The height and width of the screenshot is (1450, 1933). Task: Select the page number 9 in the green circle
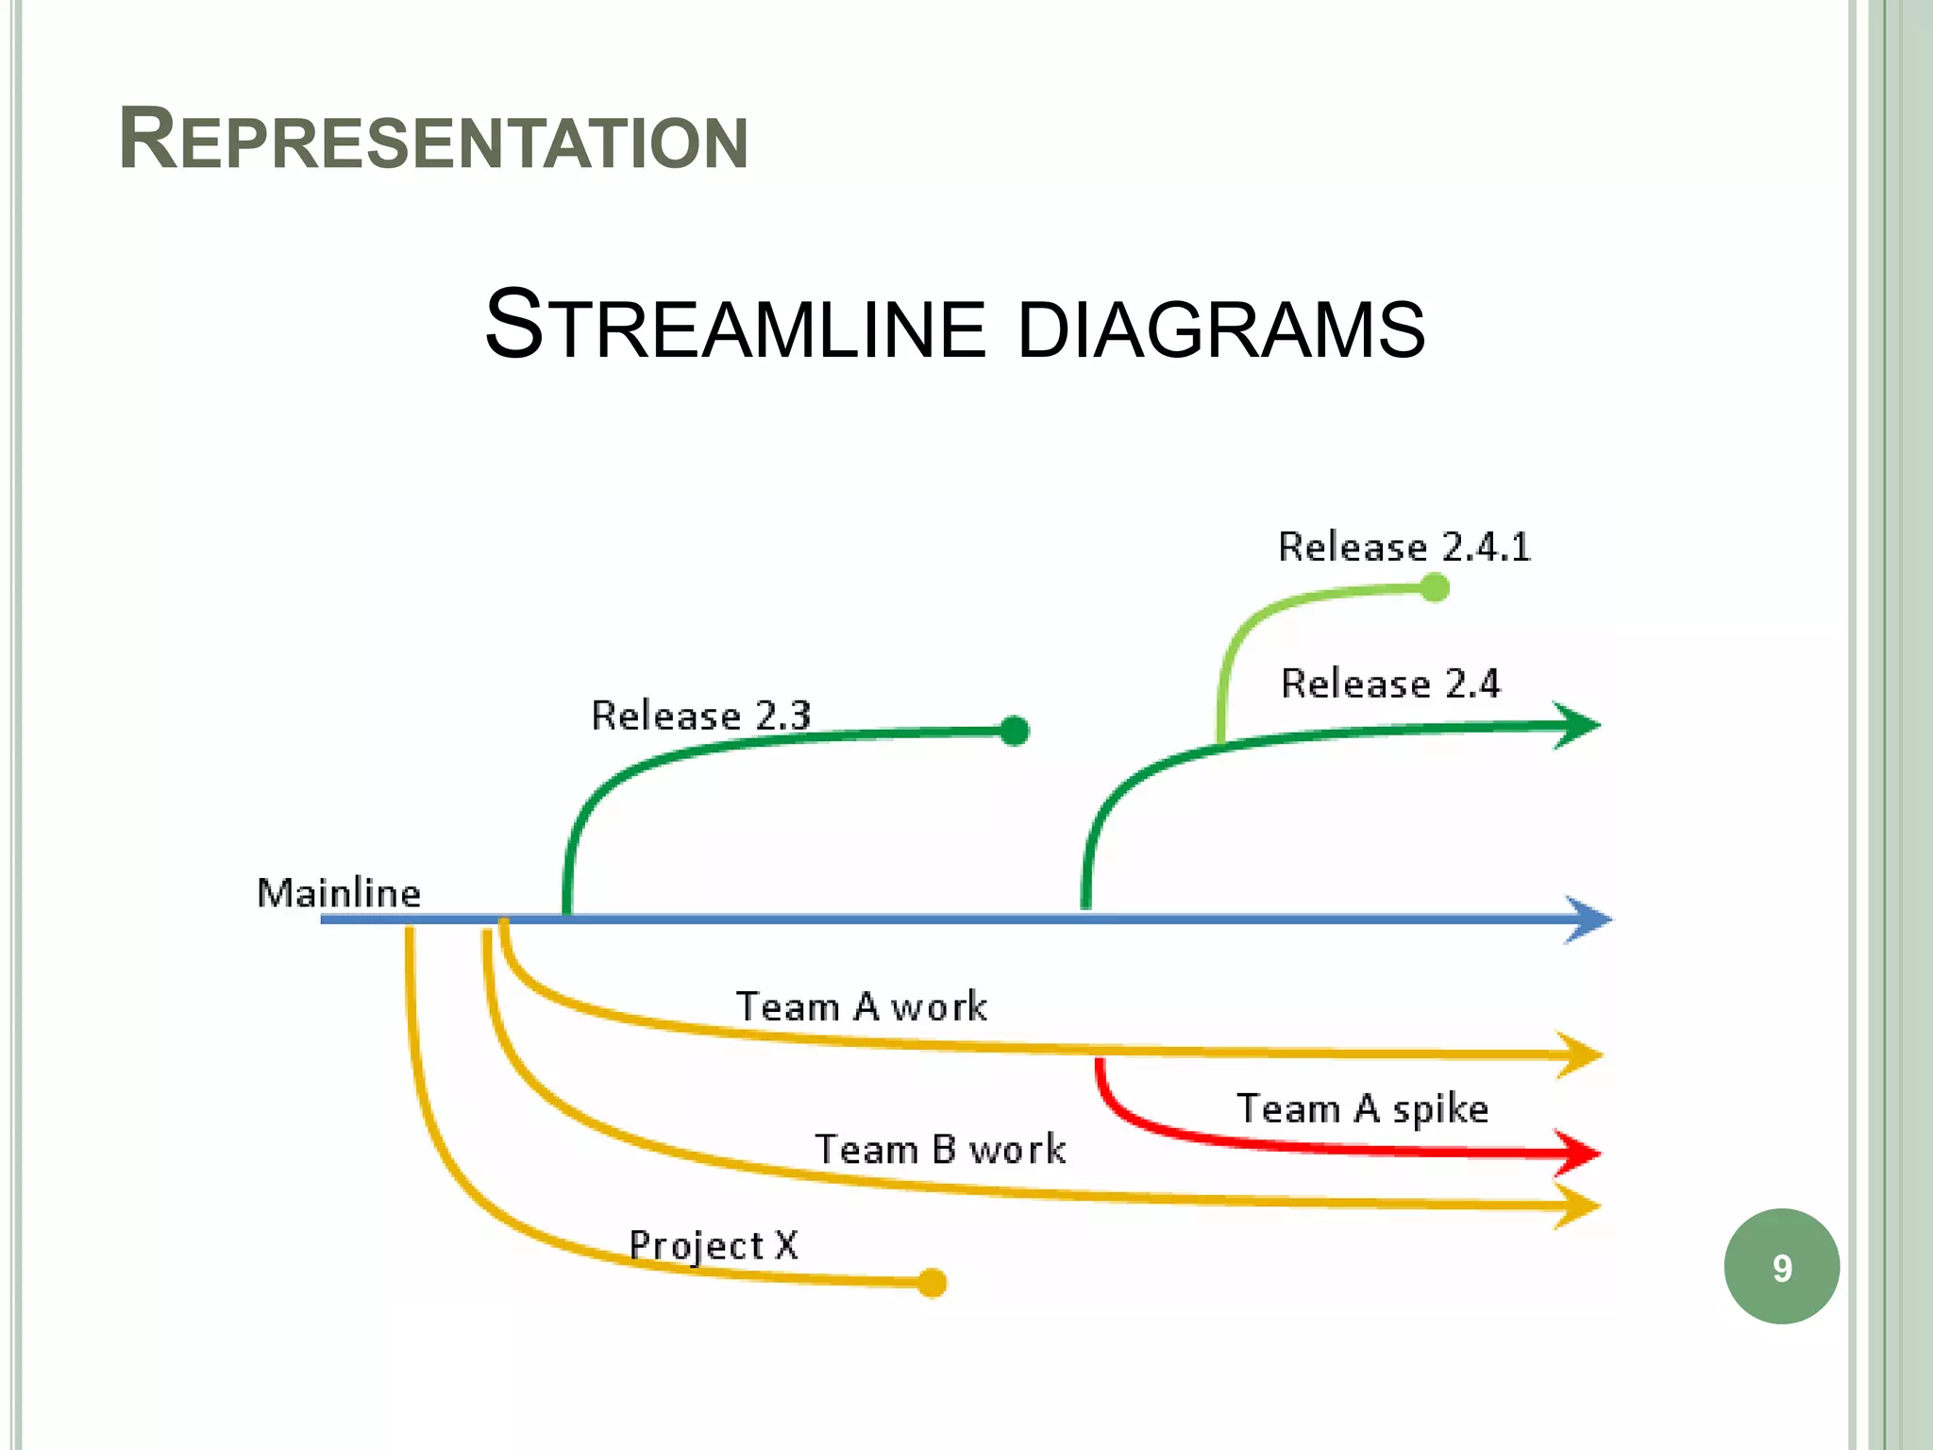coord(1781,1268)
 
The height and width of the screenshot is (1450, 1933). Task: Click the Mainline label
coord(339,893)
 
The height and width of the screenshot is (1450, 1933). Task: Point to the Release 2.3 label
coord(700,716)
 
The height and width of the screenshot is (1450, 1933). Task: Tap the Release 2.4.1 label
coord(1404,548)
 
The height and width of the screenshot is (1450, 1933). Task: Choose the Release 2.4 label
coord(1389,683)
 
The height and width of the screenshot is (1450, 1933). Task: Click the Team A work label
coord(861,1006)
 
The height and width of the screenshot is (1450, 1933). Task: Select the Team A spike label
coord(1362,1108)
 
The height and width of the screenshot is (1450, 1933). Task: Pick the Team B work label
coord(940,1150)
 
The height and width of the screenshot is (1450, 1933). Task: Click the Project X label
coord(714,1246)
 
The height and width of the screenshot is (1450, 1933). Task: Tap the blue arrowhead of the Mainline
coord(1588,919)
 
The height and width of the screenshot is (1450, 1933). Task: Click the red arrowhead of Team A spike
coord(1577,1153)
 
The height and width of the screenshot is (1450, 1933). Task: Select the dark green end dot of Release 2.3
coord(1014,731)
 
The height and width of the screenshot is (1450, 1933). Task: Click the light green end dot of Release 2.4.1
coord(1434,588)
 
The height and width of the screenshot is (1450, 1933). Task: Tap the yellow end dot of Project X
coord(932,1283)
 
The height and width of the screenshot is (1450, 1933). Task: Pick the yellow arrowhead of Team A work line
coord(1579,1054)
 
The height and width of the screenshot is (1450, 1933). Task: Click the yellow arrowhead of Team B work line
coord(1577,1206)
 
